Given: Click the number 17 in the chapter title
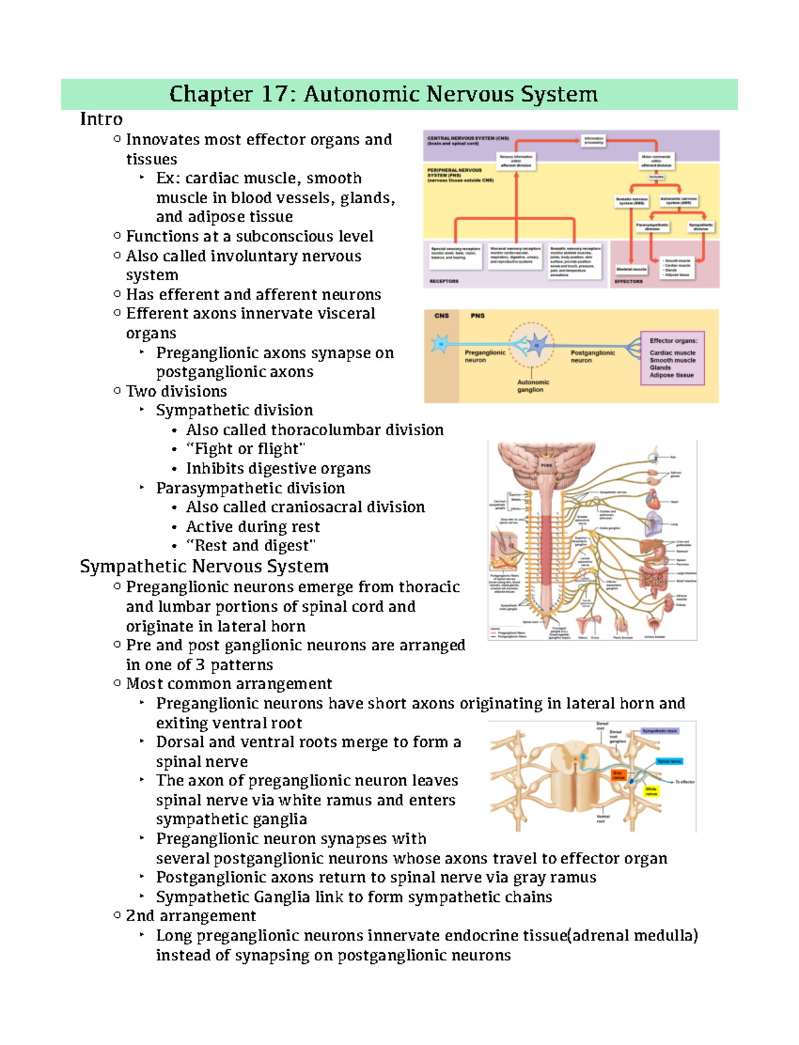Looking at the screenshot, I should (274, 95).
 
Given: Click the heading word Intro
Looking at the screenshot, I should (101, 119).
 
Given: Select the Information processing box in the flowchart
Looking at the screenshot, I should (593, 141).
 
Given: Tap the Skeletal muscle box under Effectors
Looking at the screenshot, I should (631, 270).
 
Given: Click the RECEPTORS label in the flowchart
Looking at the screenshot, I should (444, 282).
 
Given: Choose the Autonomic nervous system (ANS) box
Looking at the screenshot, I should (678, 200).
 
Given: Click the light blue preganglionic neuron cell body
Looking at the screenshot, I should (440, 344).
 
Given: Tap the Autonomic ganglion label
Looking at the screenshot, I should (533, 386).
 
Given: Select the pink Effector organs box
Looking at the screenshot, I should (672, 358).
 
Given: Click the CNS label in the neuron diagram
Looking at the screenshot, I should (441, 316).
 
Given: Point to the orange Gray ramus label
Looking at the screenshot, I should (619, 775).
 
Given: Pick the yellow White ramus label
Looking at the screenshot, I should (651, 791).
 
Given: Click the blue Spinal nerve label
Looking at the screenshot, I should (668, 761).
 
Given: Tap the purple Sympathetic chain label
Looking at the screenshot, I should (660, 731).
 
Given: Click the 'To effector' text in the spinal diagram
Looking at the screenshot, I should (684, 782).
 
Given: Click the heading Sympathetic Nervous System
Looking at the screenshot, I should (204, 566).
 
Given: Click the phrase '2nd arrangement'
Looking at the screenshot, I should (190, 916).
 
